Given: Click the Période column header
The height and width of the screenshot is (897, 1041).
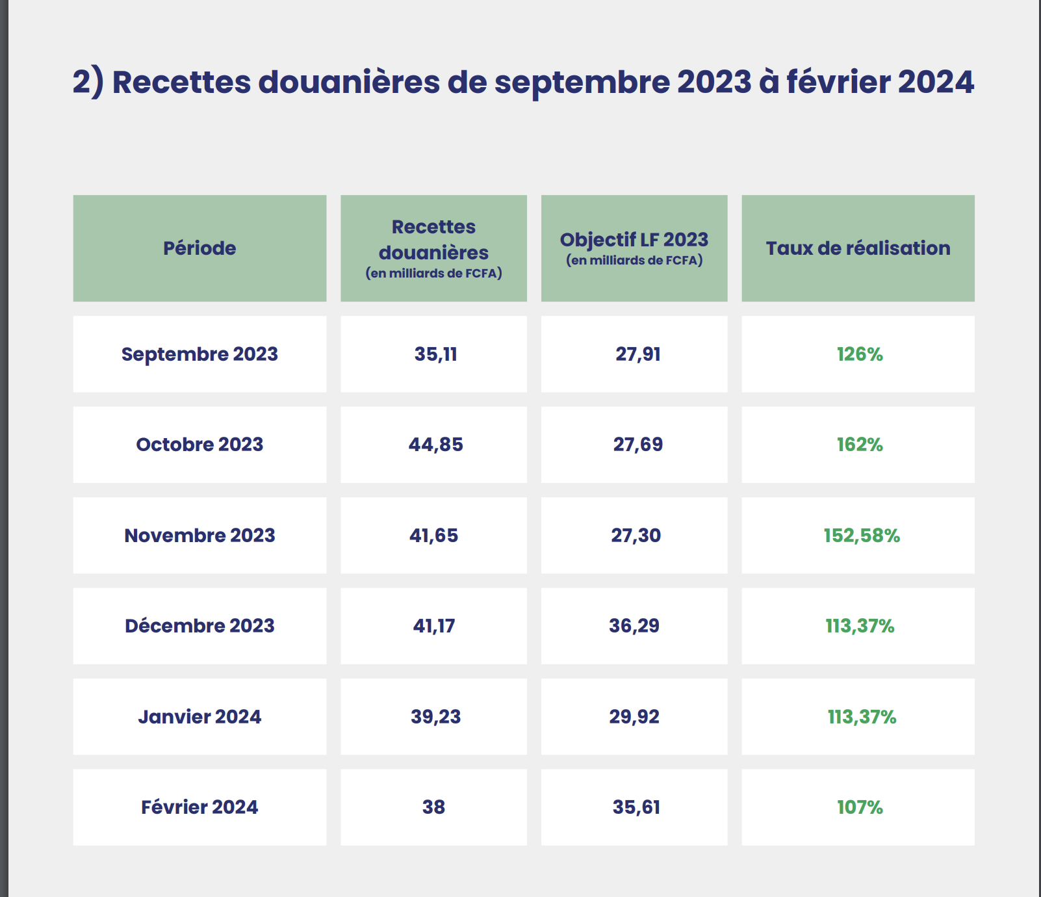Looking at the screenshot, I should tap(199, 248).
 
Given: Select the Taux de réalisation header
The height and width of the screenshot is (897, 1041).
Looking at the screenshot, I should tap(858, 248).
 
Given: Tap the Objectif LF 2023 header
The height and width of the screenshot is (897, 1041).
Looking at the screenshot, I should tap(634, 240).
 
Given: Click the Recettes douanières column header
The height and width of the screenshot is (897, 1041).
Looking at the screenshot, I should tap(433, 240).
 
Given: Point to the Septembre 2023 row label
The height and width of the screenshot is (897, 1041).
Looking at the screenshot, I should tap(199, 354).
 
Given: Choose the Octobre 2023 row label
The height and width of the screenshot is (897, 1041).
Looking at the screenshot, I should tap(199, 445).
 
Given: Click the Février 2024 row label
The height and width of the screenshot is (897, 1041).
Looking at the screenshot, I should tap(199, 807).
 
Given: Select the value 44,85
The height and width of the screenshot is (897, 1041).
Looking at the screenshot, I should tap(435, 445).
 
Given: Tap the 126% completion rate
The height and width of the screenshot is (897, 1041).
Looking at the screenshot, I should tap(860, 354).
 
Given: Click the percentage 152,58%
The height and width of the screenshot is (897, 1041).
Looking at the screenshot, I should tap(862, 536).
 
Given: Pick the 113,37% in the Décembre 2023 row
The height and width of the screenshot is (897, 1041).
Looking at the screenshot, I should tap(860, 626).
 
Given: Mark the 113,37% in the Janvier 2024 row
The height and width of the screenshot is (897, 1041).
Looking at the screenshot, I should tap(862, 717).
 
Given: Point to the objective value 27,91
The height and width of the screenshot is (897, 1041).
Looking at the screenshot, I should tap(638, 354).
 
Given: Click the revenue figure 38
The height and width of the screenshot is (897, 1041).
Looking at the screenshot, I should tap(433, 807).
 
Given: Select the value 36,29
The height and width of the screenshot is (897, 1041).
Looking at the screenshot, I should tap(634, 626).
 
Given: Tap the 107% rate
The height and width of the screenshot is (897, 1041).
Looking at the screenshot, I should tap(860, 807).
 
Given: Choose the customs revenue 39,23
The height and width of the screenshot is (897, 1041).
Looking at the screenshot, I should tap(435, 717).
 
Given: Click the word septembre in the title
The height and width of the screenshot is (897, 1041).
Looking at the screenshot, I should tap(582, 83).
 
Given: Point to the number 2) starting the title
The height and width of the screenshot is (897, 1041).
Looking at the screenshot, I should tap(88, 83).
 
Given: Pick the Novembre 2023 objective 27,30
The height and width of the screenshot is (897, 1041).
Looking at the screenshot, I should tap(636, 536).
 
